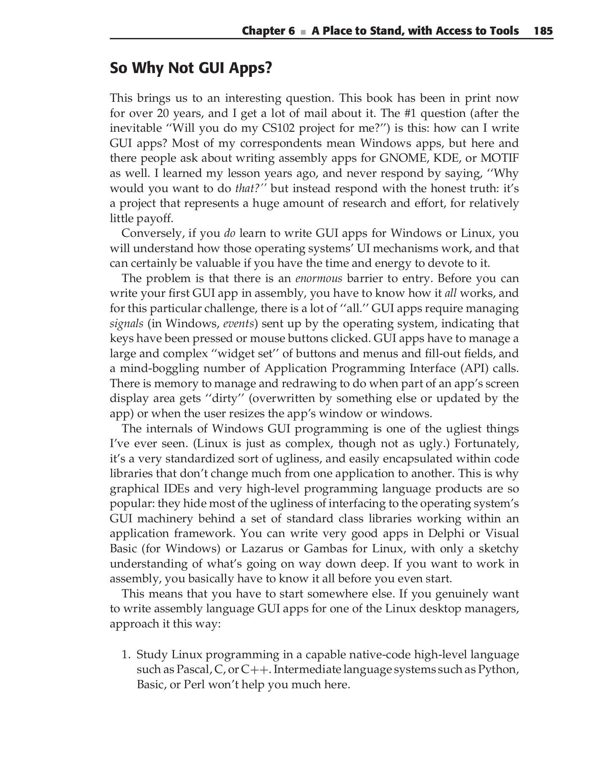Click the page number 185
543,31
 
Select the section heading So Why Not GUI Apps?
191,68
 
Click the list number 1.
125,655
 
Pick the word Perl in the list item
193,684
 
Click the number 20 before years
163,113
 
